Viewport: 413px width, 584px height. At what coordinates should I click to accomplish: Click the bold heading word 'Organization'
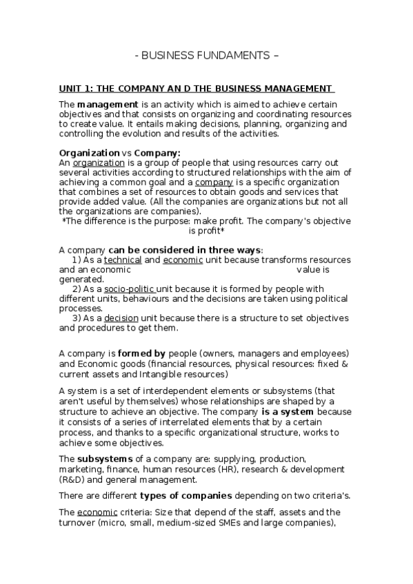[89, 152]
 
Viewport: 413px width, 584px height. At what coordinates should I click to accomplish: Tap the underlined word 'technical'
[123, 260]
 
